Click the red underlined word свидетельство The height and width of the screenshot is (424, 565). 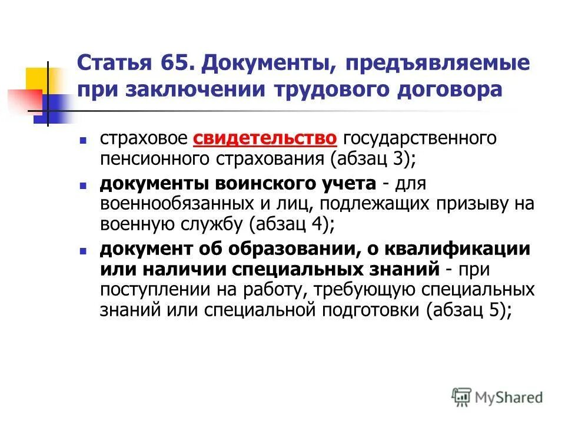pos(265,139)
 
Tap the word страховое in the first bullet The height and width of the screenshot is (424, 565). pos(144,139)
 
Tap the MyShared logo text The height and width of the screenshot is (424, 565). pos(509,397)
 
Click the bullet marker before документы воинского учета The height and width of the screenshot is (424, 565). pos(84,184)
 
